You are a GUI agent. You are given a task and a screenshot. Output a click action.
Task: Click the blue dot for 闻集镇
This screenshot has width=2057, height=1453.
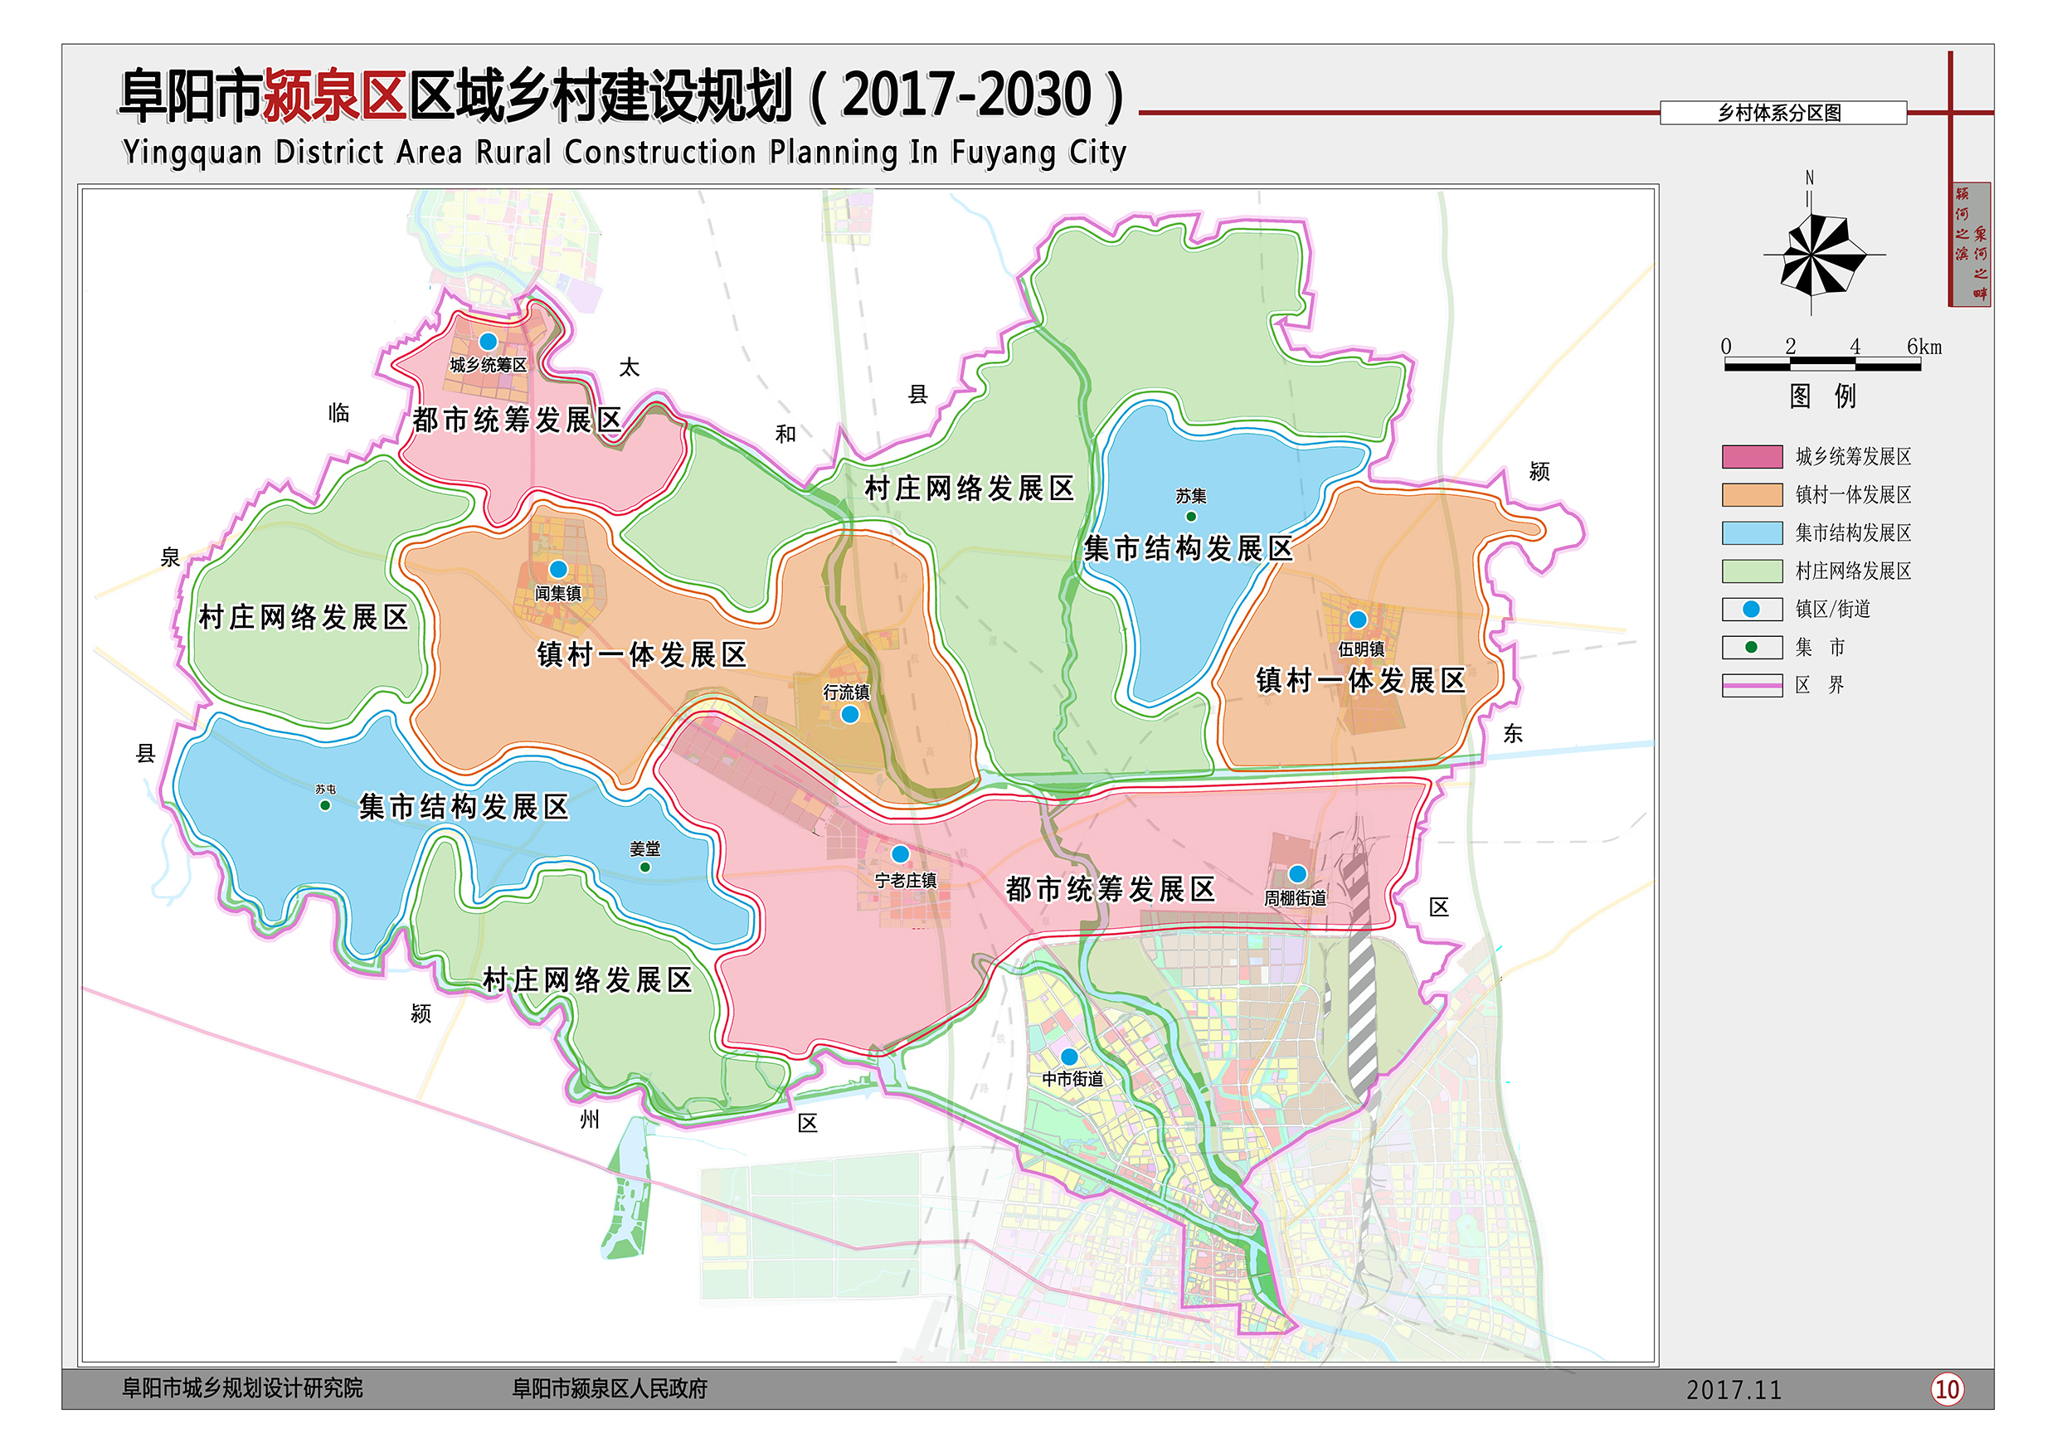coord(558,569)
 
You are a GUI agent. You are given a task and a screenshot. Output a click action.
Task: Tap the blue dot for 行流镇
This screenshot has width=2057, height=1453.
coord(850,714)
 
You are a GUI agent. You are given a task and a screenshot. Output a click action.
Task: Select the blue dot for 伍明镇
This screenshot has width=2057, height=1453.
coord(1357,619)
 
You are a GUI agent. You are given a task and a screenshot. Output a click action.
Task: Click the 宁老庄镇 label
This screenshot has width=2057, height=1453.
coord(906,881)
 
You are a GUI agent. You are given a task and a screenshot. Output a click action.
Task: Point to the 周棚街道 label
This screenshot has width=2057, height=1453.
coord(1295,897)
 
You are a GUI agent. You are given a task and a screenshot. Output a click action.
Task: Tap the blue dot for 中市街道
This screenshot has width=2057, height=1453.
coord(1069,1057)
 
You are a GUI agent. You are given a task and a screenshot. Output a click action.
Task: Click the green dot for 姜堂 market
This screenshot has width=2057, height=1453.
coord(645,867)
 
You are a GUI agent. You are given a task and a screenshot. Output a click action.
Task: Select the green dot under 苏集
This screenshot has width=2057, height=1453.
coord(1191,516)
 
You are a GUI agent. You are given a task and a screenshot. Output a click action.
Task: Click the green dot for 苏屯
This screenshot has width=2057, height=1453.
coord(325,805)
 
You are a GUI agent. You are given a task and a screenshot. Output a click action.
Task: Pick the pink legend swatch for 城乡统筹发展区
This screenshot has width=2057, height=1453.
coord(1752,457)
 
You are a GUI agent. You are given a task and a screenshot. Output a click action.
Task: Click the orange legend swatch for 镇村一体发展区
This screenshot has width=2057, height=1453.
coord(1752,494)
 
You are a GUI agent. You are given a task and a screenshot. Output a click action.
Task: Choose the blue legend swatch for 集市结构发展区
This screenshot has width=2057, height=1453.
coord(1752,533)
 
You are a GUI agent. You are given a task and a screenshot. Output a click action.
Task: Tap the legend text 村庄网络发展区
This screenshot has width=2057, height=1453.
coord(1853,571)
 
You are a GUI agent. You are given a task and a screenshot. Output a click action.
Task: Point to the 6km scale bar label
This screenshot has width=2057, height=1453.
coord(1923,347)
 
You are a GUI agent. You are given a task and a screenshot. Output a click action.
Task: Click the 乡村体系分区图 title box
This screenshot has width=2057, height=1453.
coord(1782,113)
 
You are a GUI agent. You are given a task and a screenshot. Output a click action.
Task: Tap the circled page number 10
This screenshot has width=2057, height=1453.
coord(1946,1389)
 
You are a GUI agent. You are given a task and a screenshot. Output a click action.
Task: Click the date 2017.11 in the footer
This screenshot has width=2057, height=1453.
coord(1734,1389)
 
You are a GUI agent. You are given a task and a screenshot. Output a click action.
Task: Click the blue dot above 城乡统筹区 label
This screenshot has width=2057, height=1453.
coord(489,342)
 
